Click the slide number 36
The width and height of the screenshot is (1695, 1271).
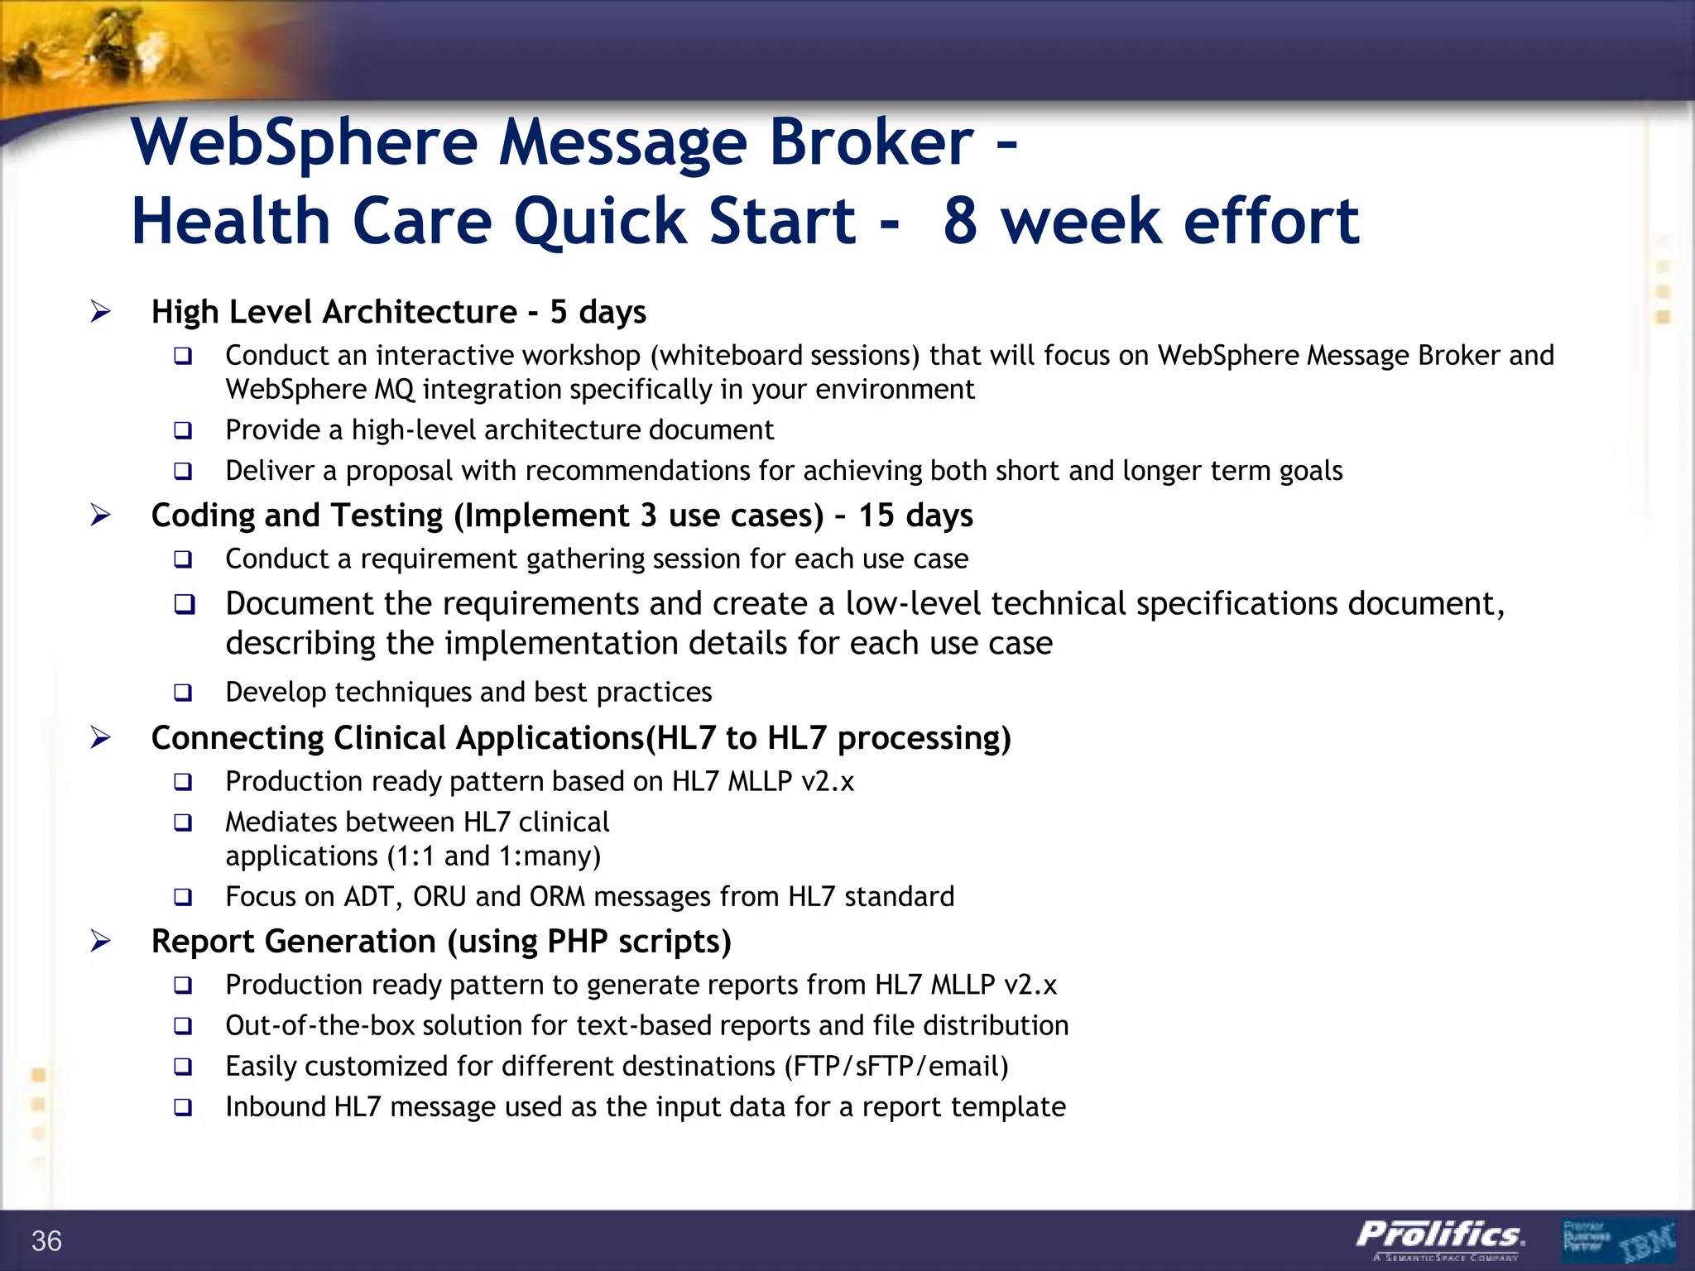46,1240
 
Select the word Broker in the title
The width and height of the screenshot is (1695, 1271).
872,142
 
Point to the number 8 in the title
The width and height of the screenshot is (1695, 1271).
960,222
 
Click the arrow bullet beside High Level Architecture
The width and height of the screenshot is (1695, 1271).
100,312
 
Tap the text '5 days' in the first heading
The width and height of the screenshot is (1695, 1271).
598,312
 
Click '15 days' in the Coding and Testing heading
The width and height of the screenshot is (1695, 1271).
915,516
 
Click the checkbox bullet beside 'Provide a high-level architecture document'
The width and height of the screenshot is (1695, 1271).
183,430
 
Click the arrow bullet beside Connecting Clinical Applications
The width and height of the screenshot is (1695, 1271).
100,737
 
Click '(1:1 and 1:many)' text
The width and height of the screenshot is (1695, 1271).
494,856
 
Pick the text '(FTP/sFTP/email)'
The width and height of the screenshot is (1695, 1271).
896,1067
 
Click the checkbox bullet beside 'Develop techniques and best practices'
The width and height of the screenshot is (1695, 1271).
183,693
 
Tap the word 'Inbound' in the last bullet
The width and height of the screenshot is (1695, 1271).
275,1107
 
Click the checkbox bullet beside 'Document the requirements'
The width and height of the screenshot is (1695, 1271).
184,604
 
